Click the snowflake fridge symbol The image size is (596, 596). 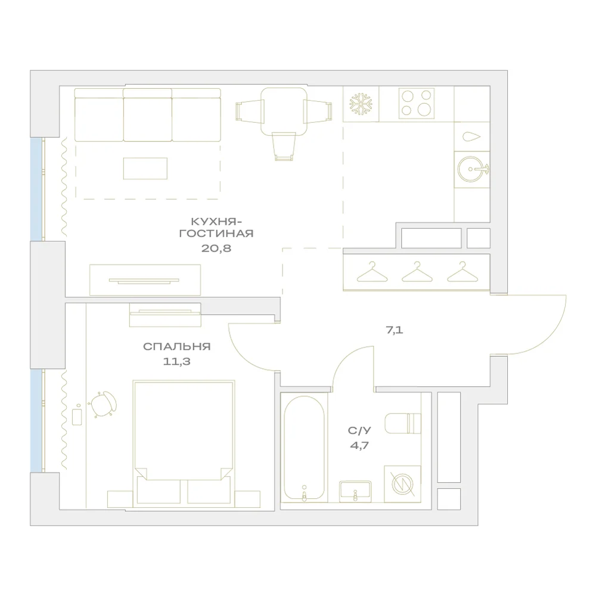(361, 103)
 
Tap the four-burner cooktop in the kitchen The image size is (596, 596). (417, 103)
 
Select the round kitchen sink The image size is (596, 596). (471, 169)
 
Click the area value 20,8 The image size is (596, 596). (216, 249)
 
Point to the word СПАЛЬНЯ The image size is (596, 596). (177, 347)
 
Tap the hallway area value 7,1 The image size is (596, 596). (395, 330)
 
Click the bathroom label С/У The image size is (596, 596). (359, 430)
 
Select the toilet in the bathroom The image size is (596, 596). (403, 423)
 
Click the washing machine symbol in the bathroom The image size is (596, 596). (402, 484)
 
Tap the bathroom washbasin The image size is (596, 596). (355, 492)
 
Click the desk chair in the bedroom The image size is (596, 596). (103, 404)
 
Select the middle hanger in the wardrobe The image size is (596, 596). (417, 272)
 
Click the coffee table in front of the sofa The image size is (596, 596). (145, 169)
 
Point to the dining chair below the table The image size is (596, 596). (284, 147)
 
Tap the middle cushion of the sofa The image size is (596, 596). (147, 115)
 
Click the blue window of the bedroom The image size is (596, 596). (36, 420)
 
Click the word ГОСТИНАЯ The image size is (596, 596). (216, 234)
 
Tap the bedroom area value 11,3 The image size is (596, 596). (177, 362)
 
